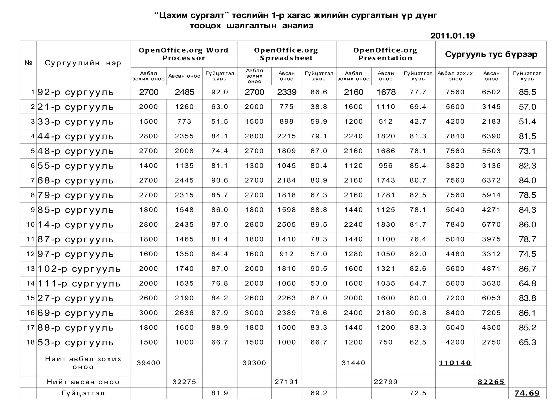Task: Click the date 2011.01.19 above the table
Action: point(453,36)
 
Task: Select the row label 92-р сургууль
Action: point(75,92)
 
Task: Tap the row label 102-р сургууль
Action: point(79,269)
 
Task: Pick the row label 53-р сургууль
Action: point(75,342)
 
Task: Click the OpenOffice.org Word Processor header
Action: point(184,54)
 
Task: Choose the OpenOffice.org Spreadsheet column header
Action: point(286,54)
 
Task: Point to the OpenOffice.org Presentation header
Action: point(385,54)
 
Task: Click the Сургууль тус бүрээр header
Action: point(491,54)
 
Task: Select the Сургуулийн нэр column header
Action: point(83,63)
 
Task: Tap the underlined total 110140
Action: point(455,363)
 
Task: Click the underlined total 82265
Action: point(491,382)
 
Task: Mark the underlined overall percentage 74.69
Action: point(527,393)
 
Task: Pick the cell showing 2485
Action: point(184,92)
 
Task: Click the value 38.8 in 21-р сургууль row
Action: point(319,107)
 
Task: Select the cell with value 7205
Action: point(491,313)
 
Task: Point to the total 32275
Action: point(184,382)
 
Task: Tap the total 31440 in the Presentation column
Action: point(353,363)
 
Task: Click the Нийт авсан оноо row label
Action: point(83,382)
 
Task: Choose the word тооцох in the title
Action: point(205,26)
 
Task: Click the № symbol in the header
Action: point(28,63)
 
